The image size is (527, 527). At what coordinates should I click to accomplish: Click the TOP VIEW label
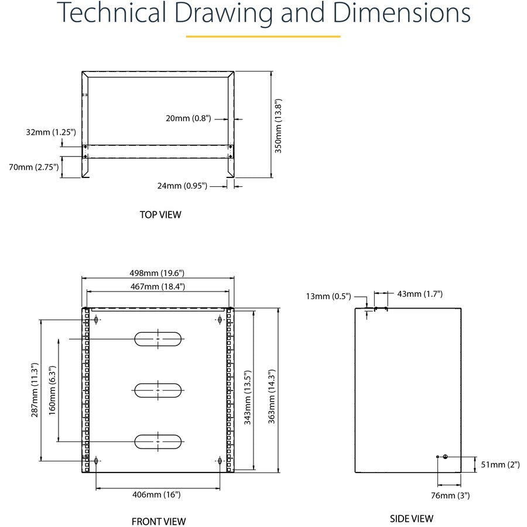tap(160, 214)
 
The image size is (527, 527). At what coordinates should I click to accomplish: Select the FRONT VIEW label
tap(159, 521)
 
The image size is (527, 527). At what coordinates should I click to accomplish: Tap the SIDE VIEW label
tap(412, 518)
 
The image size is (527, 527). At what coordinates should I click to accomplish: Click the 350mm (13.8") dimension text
tap(279, 125)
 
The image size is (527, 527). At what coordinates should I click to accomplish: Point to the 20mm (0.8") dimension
tap(188, 118)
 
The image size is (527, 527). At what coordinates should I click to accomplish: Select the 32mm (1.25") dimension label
tap(52, 132)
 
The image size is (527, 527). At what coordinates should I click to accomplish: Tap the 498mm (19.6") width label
tap(158, 272)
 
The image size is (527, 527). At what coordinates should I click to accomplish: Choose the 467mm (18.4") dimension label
tap(158, 286)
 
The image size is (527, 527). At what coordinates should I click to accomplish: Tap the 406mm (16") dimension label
tap(157, 494)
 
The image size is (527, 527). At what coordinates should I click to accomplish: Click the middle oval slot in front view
tap(159, 390)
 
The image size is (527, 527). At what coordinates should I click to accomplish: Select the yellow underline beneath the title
tap(263, 36)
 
